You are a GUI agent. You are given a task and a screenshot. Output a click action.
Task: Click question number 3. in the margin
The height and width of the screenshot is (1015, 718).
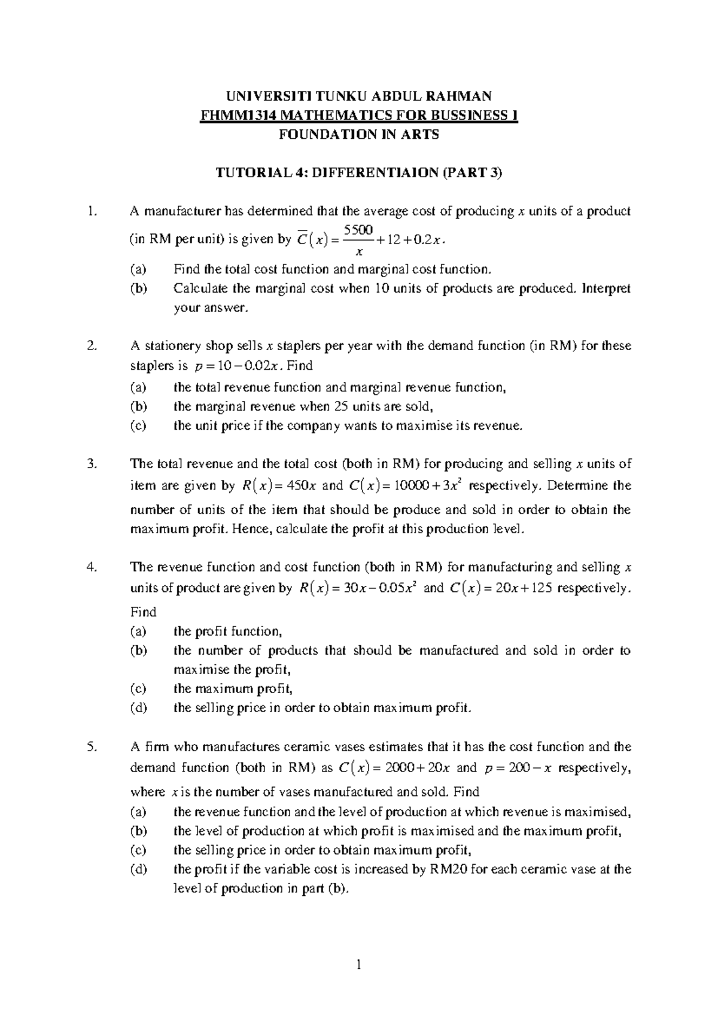[x=91, y=464]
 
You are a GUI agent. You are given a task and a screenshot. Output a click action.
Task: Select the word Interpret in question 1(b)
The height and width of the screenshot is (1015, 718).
[x=607, y=288]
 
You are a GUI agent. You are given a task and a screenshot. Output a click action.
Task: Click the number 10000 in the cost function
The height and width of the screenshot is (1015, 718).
[x=409, y=486]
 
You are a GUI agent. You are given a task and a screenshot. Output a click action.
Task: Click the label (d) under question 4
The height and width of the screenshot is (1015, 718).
[x=138, y=708]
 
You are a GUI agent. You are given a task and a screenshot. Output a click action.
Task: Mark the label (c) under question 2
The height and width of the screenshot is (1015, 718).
[x=138, y=426]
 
